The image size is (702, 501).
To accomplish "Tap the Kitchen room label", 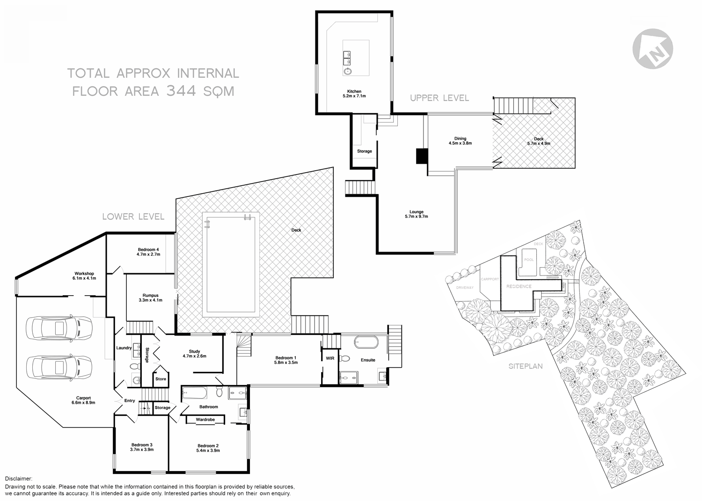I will point(354,91).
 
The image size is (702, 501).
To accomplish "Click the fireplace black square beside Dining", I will point(422,156).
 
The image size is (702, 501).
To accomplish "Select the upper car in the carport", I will point(59,328).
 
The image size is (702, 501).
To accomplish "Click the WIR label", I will point(330,358).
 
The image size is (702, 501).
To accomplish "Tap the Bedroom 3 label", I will point(142,445).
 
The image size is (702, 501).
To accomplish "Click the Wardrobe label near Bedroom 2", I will point(205,420).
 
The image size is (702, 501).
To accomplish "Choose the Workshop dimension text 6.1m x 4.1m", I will point(84,278).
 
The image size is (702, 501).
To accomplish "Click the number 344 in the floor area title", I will point(182,90).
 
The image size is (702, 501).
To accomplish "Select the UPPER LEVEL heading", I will point(439,98).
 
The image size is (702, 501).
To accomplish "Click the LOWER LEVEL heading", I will point(133,217).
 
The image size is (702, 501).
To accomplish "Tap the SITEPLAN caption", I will point(526,366).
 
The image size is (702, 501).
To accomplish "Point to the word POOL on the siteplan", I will point(528,260).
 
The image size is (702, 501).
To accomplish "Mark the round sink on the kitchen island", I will point(347,72).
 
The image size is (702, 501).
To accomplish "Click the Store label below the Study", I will point(161,379).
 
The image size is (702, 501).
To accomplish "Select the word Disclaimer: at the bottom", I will point(19,479).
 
